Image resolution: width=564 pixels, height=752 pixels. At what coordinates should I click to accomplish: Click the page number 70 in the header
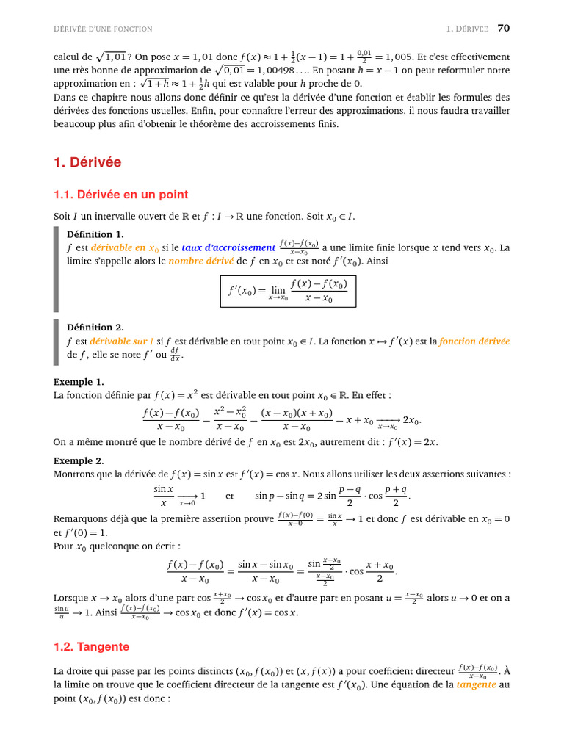[504, 29]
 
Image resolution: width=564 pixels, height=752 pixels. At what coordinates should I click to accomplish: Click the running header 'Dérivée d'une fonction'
[103, 29]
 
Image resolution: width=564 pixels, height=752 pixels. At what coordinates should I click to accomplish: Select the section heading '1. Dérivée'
[87, 162]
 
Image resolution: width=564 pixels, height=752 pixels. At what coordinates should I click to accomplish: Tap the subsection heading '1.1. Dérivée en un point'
[121, 195]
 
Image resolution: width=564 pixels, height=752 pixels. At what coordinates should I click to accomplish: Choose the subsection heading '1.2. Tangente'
[91, 647]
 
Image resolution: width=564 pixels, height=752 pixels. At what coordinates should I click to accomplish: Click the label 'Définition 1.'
[95, 234]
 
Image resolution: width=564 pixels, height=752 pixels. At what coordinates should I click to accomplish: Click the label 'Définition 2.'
[95, 328]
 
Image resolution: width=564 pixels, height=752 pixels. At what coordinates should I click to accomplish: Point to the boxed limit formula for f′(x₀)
[288, 291]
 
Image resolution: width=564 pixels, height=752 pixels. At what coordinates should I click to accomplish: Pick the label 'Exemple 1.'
[79, 382]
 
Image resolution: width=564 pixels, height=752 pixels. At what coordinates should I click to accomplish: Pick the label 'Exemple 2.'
[79, 461]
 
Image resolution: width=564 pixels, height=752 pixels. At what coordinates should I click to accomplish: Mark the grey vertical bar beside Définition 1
[56, 270]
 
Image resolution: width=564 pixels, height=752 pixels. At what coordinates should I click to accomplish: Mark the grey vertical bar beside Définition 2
[56, 342]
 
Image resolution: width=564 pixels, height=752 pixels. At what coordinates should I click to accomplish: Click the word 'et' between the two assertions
[230, 496]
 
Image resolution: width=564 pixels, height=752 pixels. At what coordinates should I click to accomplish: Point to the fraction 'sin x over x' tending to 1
[164, 496]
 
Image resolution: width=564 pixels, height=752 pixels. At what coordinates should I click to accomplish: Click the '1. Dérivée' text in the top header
[467, 29]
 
